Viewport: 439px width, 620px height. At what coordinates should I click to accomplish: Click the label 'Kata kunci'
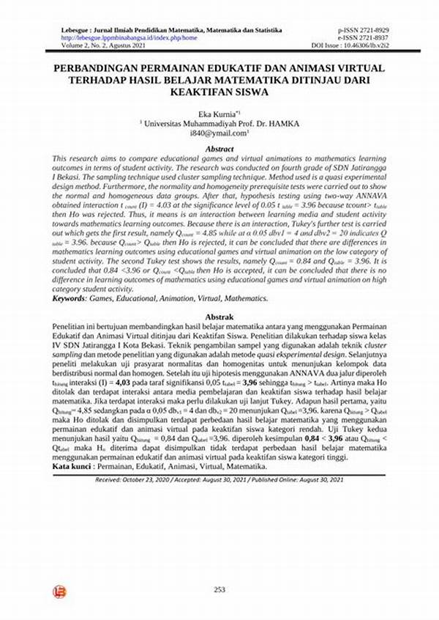pos(73,466)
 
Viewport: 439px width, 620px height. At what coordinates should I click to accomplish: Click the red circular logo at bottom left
pos(58,591)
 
